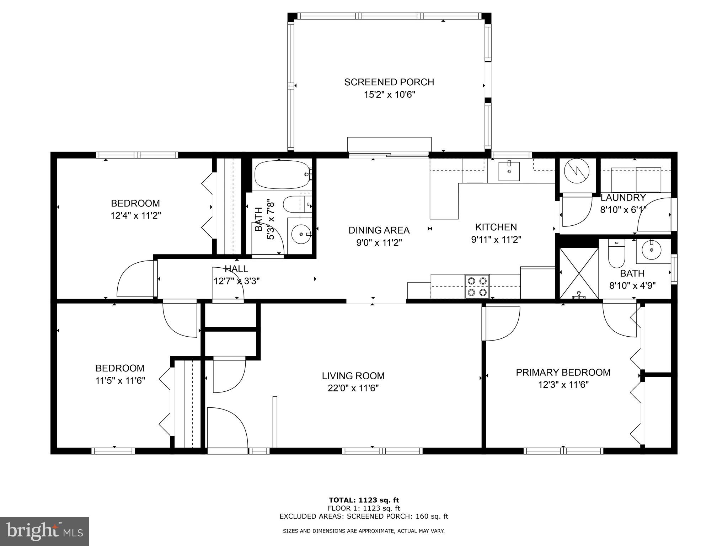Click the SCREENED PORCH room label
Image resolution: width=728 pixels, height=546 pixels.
point(389,82)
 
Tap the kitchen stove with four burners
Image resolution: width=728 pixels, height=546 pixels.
point(477,287)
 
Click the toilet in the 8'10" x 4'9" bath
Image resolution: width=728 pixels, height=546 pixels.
point(616,254)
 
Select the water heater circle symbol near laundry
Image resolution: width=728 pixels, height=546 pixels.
point(576,171)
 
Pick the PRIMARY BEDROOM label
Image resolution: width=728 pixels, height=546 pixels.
point(563,372)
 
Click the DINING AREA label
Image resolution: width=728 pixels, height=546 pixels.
point(379,230)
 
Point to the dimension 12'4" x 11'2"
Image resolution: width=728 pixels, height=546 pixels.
point(135,215)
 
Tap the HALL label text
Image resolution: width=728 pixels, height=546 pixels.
point(236,269)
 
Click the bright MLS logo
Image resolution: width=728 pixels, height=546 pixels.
point(44,531)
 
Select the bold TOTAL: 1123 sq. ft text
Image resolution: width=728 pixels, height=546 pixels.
point(364,500)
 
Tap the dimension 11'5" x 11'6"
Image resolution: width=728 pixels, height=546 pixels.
point(120,381)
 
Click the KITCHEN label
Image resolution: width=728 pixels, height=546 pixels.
point(496,227)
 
